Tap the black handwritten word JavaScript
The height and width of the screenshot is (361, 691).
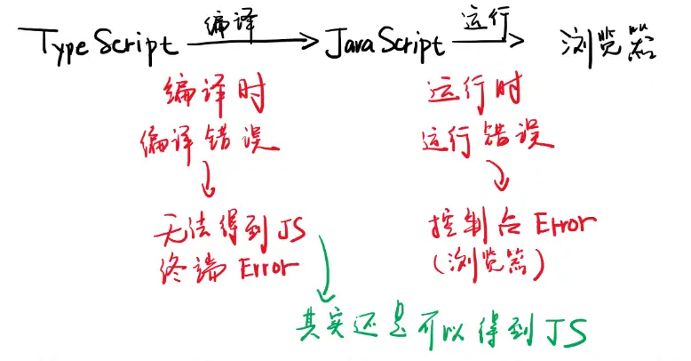(x=384, y=43)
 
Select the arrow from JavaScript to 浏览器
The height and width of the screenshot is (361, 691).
(x=488, y=39)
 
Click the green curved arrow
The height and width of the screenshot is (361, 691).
(x=322, y=267)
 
